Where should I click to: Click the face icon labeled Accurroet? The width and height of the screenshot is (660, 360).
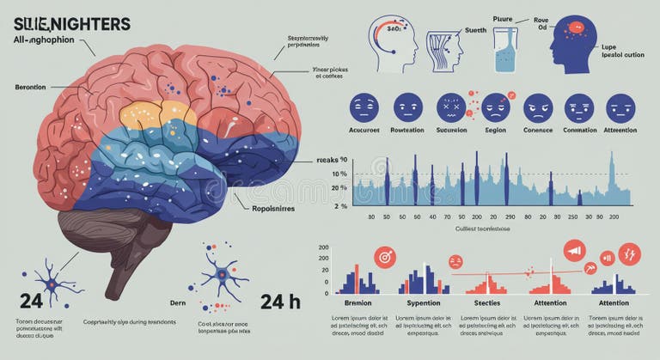click(364, 107)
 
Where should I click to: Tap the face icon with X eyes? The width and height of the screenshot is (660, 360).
click(450, 107)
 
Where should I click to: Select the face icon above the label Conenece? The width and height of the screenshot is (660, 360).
click(537, 107)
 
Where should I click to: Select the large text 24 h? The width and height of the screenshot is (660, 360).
click(279, 302)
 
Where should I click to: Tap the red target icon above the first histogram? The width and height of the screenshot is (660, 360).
click(384, 256)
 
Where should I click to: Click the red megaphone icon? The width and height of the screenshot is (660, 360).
click(574, 251)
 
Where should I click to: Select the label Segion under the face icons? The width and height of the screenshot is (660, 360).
click(495, 131)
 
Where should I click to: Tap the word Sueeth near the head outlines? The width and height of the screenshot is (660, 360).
click(474, 30)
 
